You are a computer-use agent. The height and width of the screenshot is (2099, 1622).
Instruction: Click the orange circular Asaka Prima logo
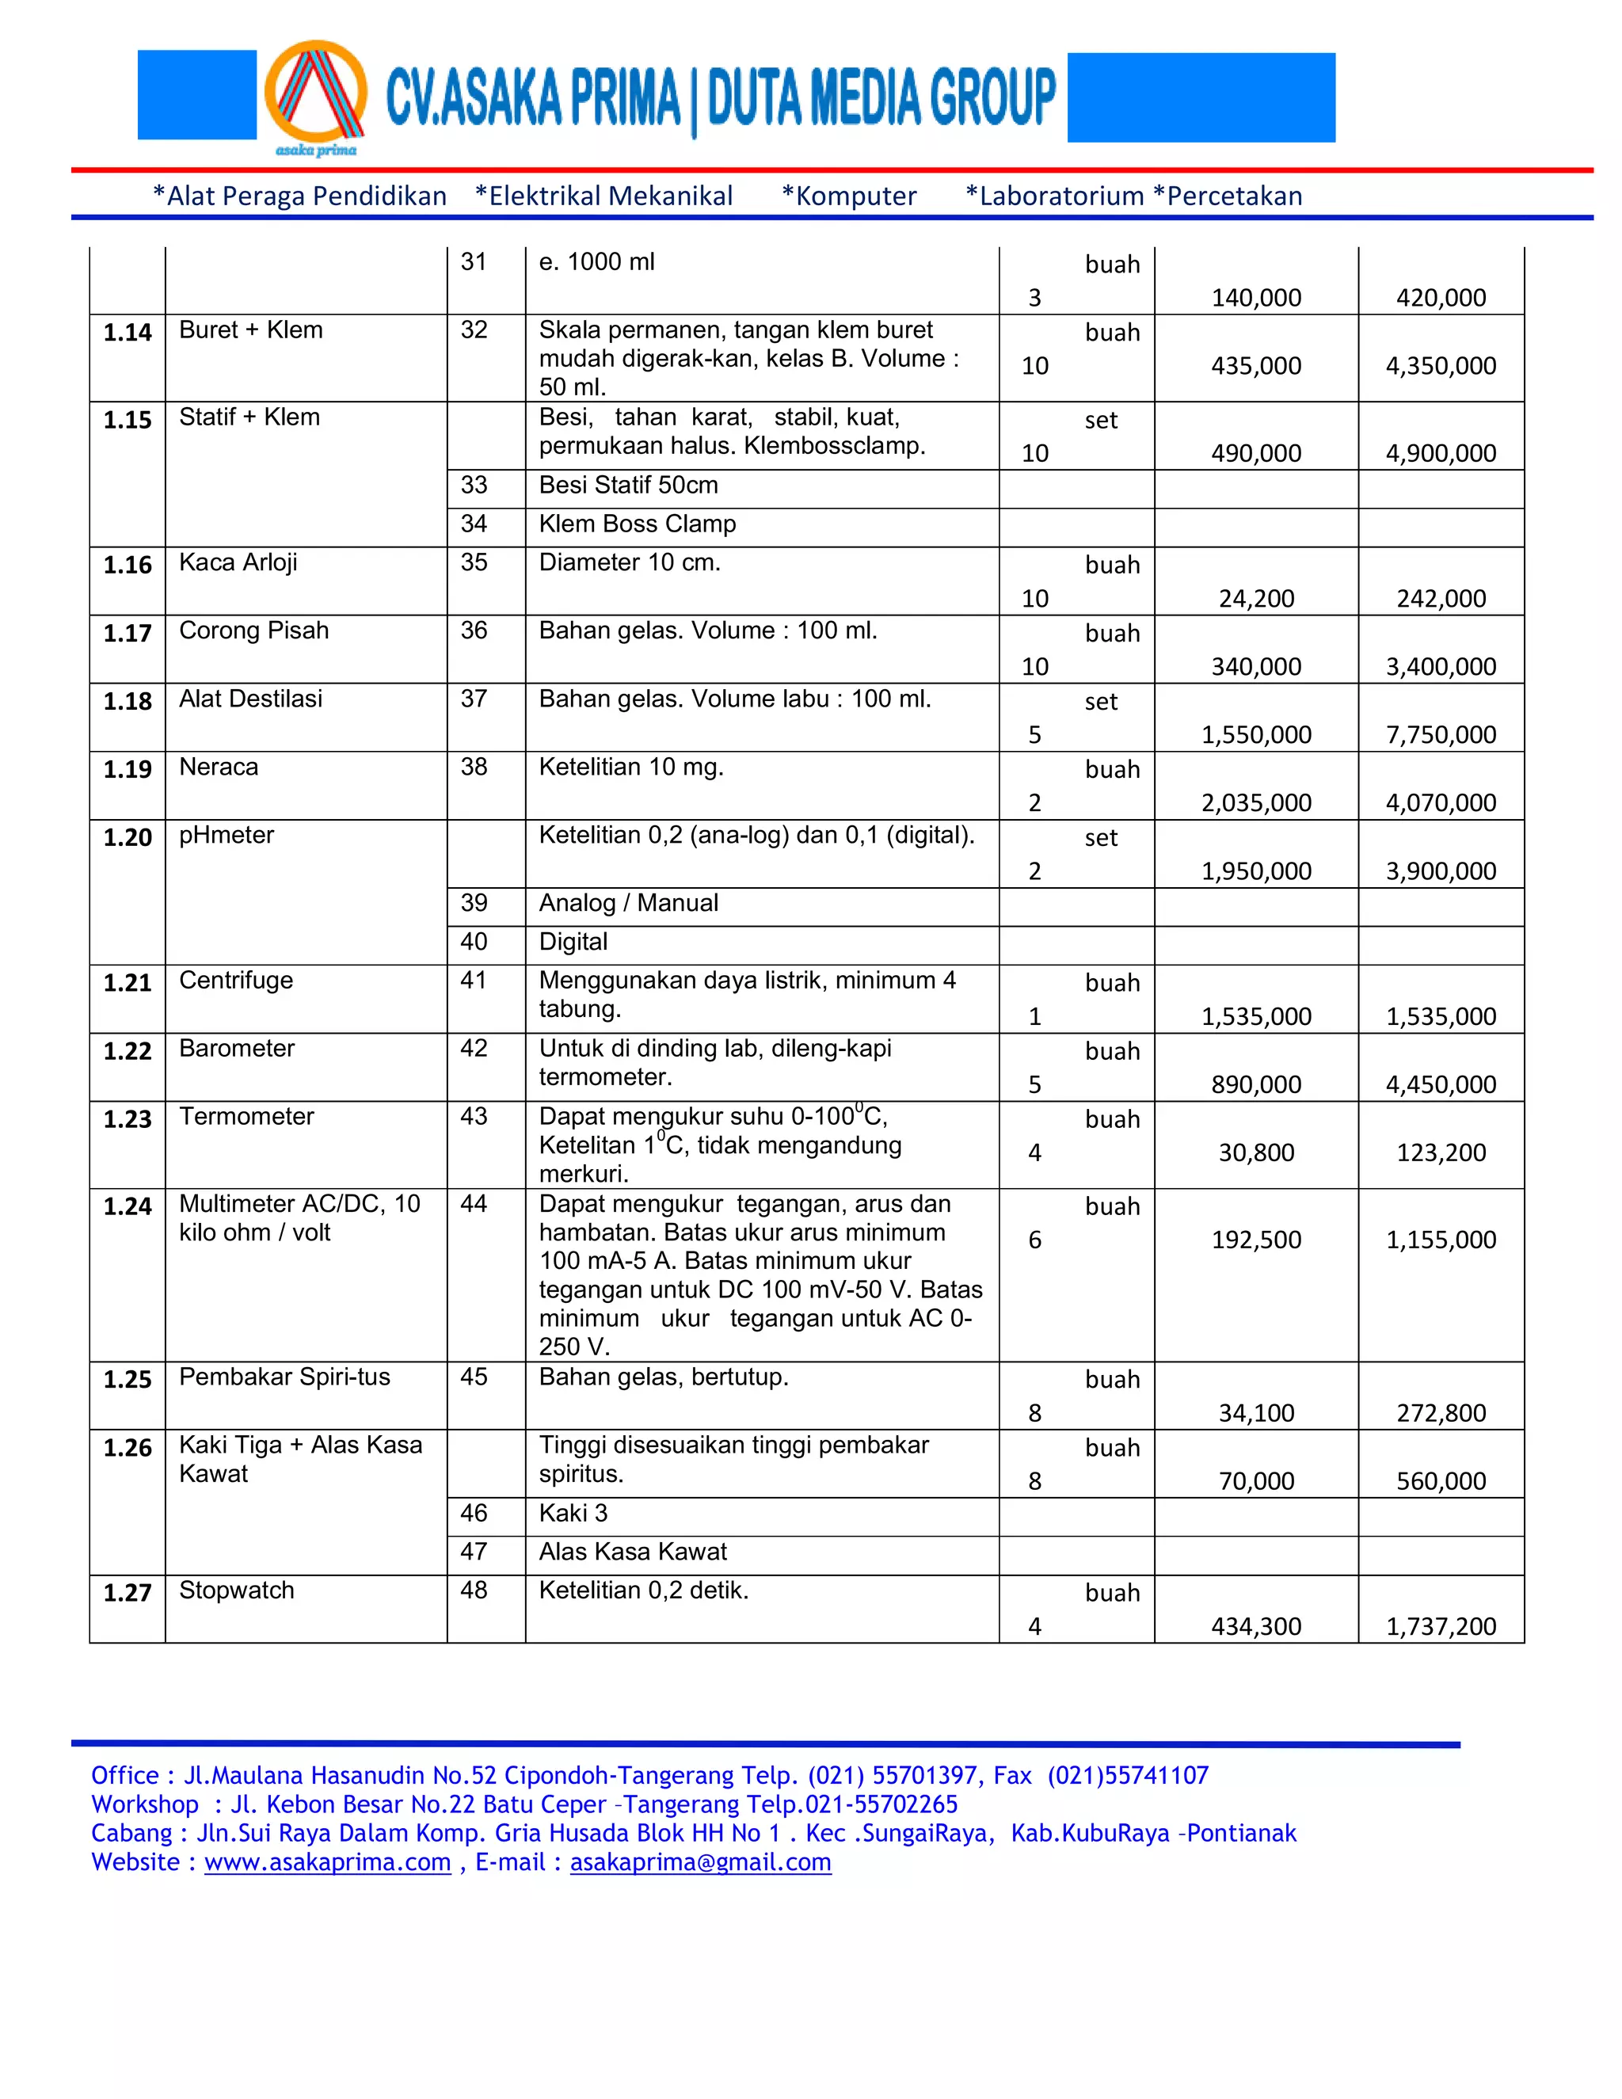[315, 94]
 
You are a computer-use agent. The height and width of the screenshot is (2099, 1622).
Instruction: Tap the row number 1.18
[127, 702]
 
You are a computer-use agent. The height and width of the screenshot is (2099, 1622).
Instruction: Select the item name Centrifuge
[235, 981]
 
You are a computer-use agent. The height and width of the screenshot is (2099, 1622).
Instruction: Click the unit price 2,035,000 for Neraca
[1255, 802]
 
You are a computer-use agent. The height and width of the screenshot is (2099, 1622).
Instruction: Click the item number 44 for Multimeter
[473, 1203]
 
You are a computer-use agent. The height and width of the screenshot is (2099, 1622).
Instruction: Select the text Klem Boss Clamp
[636, 524]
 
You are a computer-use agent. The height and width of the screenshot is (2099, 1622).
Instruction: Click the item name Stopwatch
[236, 1590]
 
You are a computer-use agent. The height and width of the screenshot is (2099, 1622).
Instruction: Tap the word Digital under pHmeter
[573, 942]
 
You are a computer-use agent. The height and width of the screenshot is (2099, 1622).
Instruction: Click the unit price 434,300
[1255, 1626]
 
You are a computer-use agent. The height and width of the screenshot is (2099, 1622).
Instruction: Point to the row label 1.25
[127, 1379]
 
